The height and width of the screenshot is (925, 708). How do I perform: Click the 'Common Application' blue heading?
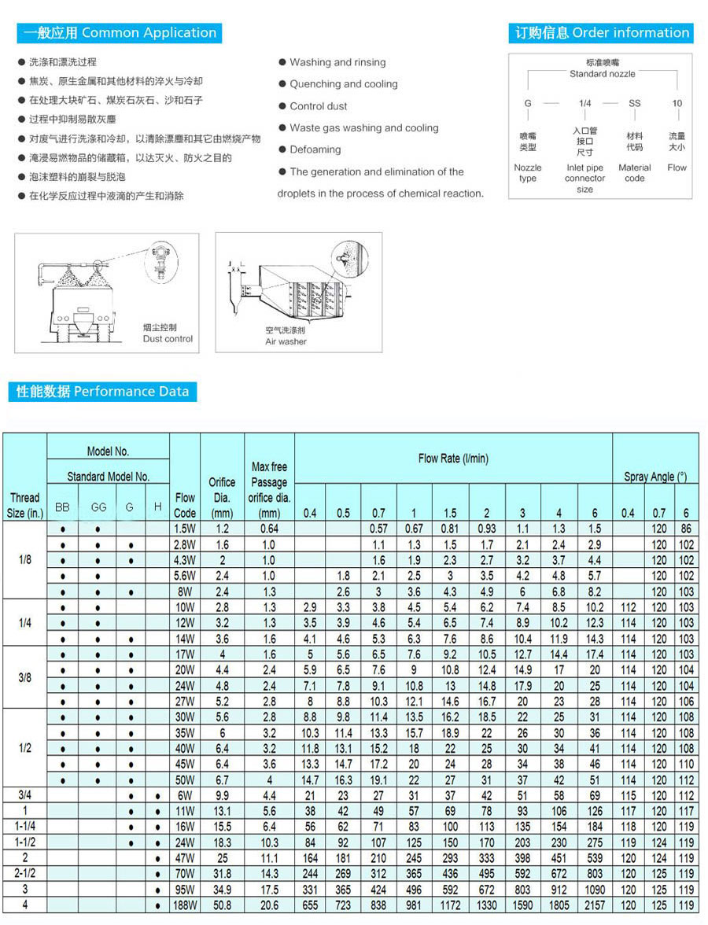tap(120, 33)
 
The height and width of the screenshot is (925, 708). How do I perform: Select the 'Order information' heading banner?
tap(602, 33)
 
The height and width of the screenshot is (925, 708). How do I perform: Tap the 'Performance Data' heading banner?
tap(102, 391)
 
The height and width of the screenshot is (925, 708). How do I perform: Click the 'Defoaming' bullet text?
tap(315, 149)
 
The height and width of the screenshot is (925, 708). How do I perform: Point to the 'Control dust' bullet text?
tap(318, 106)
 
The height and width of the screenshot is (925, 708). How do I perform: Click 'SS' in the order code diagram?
tap(634, 103)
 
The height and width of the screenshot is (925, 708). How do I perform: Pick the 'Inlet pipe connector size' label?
tap(584, 178)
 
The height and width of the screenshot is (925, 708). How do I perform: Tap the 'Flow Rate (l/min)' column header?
tap(453, 458)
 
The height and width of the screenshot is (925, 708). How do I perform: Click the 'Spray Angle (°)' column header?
tap(655, 477)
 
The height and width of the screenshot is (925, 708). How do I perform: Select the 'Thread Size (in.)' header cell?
tap(24, 505)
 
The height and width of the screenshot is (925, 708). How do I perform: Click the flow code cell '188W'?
tap(185, 905)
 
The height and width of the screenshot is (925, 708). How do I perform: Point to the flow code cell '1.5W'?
tap(185, 529)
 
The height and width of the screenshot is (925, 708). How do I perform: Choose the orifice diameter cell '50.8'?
tap(222, 905)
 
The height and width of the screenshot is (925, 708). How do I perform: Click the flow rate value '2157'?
tap(595, 905)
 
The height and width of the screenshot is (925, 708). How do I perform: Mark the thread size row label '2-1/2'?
tap(24, 874)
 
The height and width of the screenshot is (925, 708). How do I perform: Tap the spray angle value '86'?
tap(686, 529)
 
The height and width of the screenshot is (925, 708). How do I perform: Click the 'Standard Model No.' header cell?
tap(108, 477)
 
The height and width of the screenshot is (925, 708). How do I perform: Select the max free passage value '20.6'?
tap(269, 905)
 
